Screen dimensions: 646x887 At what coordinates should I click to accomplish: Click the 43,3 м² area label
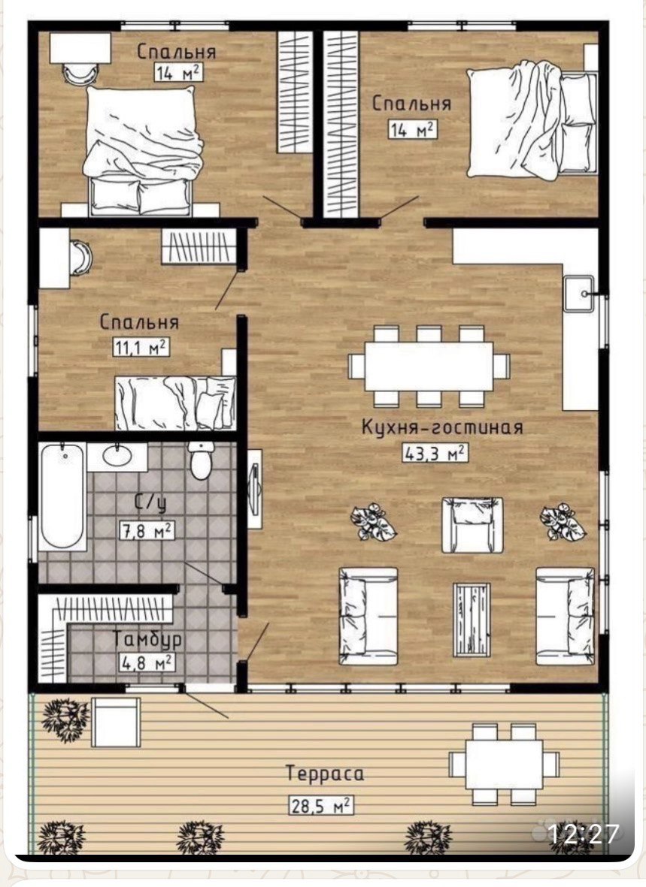click(x=435, y=453)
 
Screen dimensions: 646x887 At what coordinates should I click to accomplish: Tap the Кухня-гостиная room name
click(x=442, y=427)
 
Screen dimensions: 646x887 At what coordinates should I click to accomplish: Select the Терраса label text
click(x=325, y=774)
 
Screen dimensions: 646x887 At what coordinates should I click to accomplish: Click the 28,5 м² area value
click(x=320, y=805)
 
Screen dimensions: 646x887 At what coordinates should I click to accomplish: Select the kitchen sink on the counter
click(x=578, y=294)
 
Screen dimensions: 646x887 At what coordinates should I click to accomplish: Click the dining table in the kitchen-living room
click(x=429, y=366)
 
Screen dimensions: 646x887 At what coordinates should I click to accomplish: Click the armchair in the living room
click(x=472, y=526)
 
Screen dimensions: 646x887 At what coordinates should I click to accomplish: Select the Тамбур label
click(x=148, y=639)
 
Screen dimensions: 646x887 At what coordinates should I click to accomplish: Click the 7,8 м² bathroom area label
click(x=147, y=530)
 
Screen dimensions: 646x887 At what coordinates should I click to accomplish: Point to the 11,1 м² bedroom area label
click(x=141, y=346)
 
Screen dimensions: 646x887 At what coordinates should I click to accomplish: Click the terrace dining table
click(x=505, y=765)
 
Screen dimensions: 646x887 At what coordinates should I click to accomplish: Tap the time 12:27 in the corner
click(x=584, y=833)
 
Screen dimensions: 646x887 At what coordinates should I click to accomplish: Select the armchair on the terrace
click(x=116, y=723)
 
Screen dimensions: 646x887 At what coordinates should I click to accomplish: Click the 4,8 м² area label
click(x=147, y=662)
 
